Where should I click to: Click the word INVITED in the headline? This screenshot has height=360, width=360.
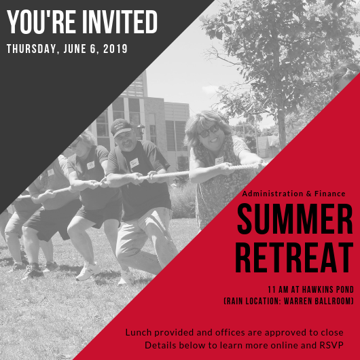[x=120, y=22]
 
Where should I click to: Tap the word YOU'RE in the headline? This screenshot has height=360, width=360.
[x=41, y=22]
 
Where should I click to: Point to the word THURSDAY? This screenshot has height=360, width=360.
[x=31, y=49]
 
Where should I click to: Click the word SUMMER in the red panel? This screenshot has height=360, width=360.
[x=295, y=219]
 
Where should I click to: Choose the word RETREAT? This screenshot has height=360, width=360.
[x=294, y=257]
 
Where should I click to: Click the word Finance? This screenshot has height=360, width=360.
[x=329, y=194]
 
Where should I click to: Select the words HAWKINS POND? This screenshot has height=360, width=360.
[x=328, y=289]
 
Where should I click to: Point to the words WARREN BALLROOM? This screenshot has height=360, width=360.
[x=317, y=301]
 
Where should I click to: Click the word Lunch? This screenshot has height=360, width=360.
[x=139, y=332]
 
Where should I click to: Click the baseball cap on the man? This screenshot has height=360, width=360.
[x=121, y=128]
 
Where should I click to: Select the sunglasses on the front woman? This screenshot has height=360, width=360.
[x=209, y=131]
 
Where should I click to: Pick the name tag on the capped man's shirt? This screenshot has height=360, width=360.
[x=134, y=163]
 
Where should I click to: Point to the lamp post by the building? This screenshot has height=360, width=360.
[x=141, y=132]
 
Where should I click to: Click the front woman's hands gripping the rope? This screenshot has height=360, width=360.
[x=226, y=168]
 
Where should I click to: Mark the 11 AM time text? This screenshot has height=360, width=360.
[x=278, y=289]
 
